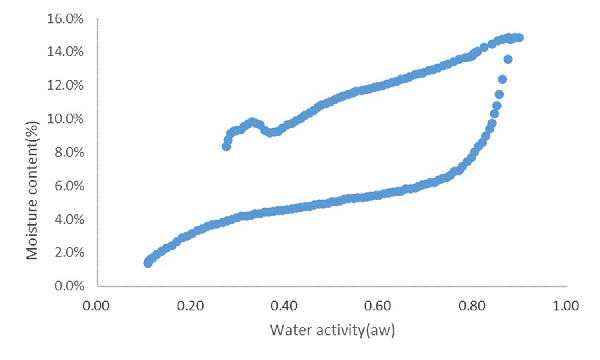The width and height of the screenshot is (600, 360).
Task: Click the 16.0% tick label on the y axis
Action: point(65,19)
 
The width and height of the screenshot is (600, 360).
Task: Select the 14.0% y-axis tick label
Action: point(65,52)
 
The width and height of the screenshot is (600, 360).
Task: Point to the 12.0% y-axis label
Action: point(65,85)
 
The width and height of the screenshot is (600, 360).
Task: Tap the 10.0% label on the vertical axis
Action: point(65,119)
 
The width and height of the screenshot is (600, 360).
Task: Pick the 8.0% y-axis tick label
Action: point(69,152)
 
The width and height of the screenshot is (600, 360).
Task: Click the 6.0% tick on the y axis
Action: point(69,186)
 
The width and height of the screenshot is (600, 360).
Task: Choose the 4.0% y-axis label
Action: point(69,219)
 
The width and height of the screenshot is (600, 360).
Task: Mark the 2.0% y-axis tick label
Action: point(69,252)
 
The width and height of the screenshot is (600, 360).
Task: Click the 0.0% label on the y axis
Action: point(69,286)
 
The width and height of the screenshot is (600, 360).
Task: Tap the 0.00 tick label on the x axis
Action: point(96,306)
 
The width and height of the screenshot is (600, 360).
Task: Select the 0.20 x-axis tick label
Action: point(190,306)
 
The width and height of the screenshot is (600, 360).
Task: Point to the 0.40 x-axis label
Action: point(284,306)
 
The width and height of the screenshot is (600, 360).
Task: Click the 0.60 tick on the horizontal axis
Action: point(378,306)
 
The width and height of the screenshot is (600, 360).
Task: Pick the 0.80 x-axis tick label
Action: point(472,306)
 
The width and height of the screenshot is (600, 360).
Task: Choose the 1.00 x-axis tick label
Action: point(566,306)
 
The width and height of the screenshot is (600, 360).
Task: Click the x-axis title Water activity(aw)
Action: point(332,330)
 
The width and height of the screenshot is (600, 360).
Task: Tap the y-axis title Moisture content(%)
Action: point(32,190)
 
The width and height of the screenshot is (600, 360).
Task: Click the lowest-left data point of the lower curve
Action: point(148,263)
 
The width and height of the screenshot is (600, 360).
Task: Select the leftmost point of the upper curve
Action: point(226,146)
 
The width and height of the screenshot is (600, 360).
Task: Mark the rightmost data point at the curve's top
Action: point(520,38)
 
